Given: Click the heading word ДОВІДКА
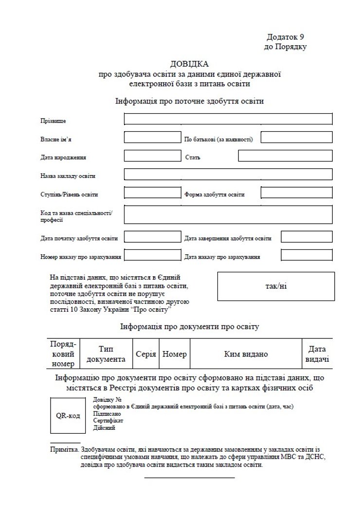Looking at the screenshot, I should click(x=189, y=64).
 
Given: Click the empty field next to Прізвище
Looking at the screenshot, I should click(x=228, y=119).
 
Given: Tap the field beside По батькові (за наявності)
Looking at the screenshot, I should click(x=296, y=138).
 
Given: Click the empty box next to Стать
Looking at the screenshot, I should click(x=285, y=156).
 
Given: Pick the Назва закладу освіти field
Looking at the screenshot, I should click(x=228, y=175).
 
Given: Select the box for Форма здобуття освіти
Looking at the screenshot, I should click(x=296, y=193).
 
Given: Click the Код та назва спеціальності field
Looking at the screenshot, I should click(x=228, y=214).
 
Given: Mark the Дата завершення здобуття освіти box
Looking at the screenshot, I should click(x=306, y=237).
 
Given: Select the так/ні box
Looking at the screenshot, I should click(x=276, y=286).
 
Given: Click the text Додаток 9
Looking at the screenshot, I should click(x=286, y=37).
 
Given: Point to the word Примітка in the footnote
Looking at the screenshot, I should click(x=64, y=450).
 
